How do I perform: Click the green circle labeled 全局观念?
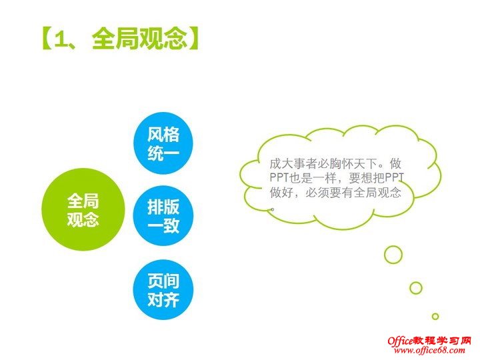83,209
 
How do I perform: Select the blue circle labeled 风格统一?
163,144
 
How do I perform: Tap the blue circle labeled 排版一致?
163,216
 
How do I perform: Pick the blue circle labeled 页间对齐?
163,289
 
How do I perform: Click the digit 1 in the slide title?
62,38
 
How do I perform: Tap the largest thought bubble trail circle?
393,254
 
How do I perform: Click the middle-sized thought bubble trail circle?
416,287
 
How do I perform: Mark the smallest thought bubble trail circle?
435,316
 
